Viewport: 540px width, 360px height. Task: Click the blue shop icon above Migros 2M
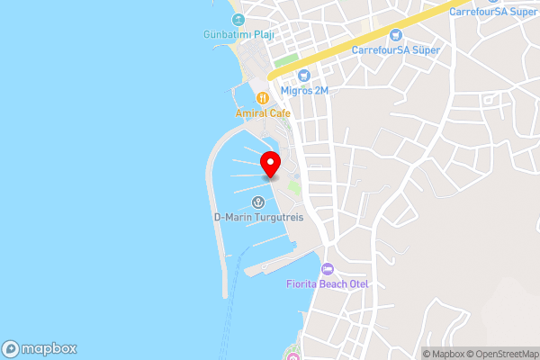303,76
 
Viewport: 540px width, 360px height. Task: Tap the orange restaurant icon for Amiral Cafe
263,97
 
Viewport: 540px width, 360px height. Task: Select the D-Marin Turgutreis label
258,217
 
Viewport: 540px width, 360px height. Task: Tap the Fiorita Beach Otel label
328,284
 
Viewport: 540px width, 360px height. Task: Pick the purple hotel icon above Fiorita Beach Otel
327,269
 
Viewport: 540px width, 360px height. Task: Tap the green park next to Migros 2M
286,61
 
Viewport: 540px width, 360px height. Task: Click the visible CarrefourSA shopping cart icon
395,33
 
